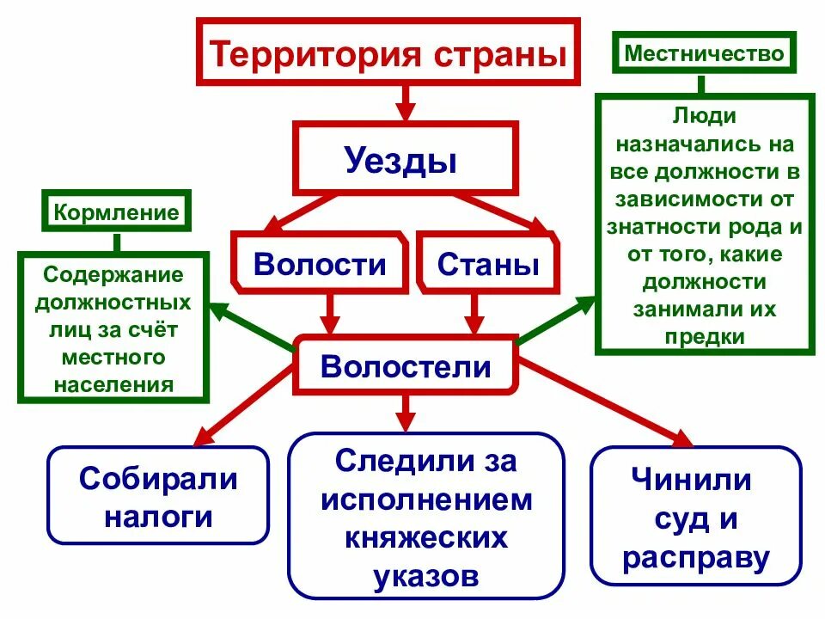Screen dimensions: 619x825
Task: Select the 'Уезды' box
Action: click(x=405, y=160)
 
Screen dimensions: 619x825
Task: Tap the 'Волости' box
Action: click(x=320, y=262)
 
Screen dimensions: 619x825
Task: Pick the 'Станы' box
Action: click(x=488, y=262)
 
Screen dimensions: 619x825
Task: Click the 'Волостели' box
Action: click(x=406, y=367)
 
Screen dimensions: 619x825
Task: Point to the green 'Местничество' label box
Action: click(x=704, y=54)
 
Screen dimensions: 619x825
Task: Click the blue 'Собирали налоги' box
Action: click(x=158, y=497)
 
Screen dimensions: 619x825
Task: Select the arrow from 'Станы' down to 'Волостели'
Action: click(x=474, y=313)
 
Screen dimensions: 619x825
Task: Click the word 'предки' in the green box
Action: click(x=704, y=335)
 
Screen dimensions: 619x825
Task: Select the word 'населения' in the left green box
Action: click(x=113, y=383)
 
